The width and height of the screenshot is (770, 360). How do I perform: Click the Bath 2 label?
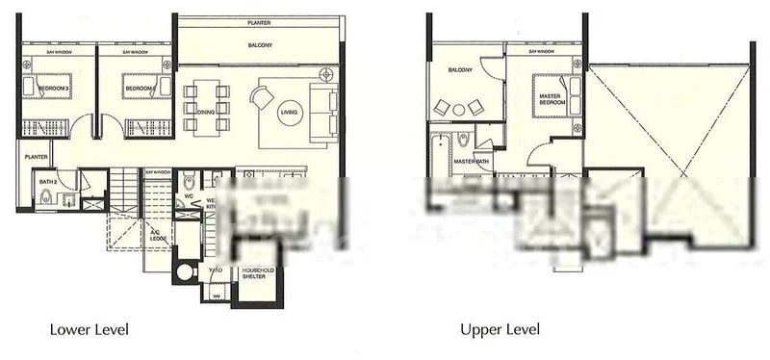coord(47,180)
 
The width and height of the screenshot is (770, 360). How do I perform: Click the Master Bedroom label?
coord(551,96)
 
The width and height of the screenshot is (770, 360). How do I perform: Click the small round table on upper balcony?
coord(460,107)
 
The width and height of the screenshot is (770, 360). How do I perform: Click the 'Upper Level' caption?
coord(497,330)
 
